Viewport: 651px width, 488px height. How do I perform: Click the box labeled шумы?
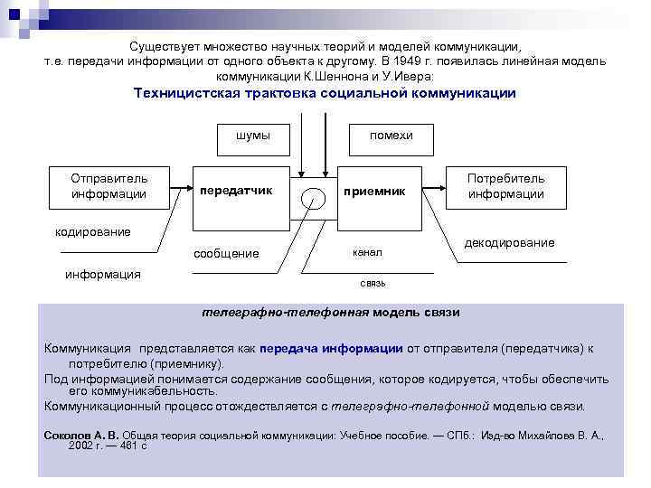252,136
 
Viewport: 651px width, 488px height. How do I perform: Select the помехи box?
391,136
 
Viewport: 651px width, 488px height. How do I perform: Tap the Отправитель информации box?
109,186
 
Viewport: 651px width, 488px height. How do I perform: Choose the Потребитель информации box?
506,186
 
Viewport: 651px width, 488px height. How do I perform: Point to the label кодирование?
93,232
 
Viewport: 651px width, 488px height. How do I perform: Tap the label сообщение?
227,254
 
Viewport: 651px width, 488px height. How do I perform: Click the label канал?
368,253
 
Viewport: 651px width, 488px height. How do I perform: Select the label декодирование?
510,243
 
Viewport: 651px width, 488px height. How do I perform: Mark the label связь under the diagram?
373,283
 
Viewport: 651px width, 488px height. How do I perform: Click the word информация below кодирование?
103,274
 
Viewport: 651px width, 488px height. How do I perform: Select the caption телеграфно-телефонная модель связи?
331,313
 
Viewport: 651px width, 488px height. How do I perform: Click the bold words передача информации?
331,347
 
